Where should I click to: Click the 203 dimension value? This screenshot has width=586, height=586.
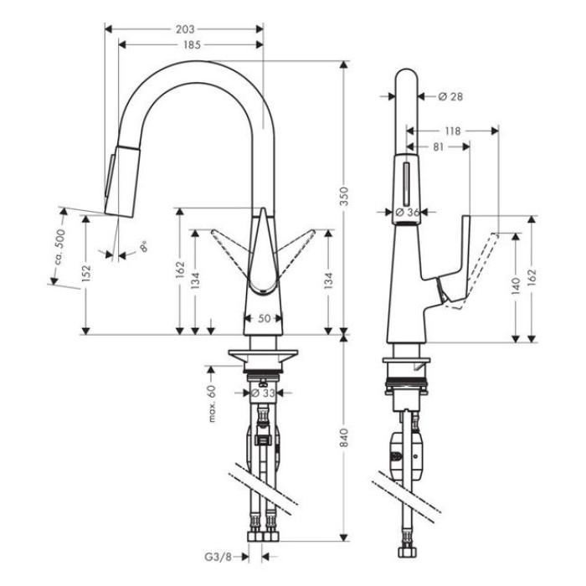click(185, 29)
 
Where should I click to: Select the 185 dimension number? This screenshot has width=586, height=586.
click(192, 45)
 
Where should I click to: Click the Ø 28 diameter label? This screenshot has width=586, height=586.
click(450, 97)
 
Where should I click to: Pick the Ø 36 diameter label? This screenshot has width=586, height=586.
click(407, 213)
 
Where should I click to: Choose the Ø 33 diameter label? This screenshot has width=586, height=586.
click(263, 393)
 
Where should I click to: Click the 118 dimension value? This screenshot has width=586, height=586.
click(453, 131)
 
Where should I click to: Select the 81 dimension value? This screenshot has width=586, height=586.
click(438, 146)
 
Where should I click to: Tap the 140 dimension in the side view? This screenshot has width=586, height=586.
click(516, 286)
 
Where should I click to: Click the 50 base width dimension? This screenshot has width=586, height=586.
click(265, 318)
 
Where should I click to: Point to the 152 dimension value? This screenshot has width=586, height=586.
click(86, 273)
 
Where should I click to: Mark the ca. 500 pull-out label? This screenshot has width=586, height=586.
click(59, 248)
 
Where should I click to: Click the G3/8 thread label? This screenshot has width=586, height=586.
click(218, 558)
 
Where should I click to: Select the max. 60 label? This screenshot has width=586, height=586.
click(212, 404)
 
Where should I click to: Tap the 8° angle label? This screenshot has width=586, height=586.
click(143, 247)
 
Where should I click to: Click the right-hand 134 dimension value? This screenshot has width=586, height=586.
click(328, 280)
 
